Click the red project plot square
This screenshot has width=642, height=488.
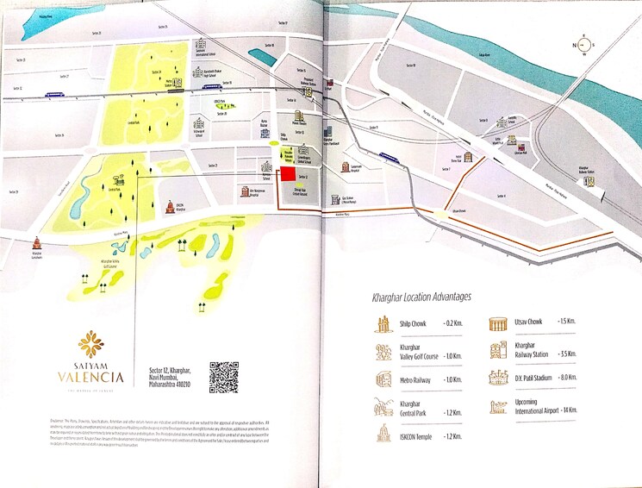288,176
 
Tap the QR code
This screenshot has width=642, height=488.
223,378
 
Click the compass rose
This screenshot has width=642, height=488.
585,45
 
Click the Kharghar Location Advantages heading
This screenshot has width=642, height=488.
421,297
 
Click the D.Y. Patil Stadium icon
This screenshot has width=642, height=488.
498,379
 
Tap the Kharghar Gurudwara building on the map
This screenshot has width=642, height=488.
36,245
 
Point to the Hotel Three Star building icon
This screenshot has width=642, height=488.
469,158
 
